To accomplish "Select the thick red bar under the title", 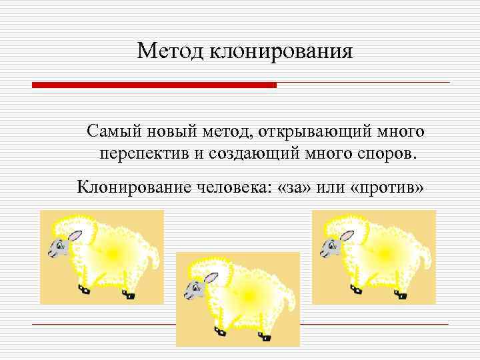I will click(154, 85).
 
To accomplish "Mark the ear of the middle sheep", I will click(211, 277).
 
